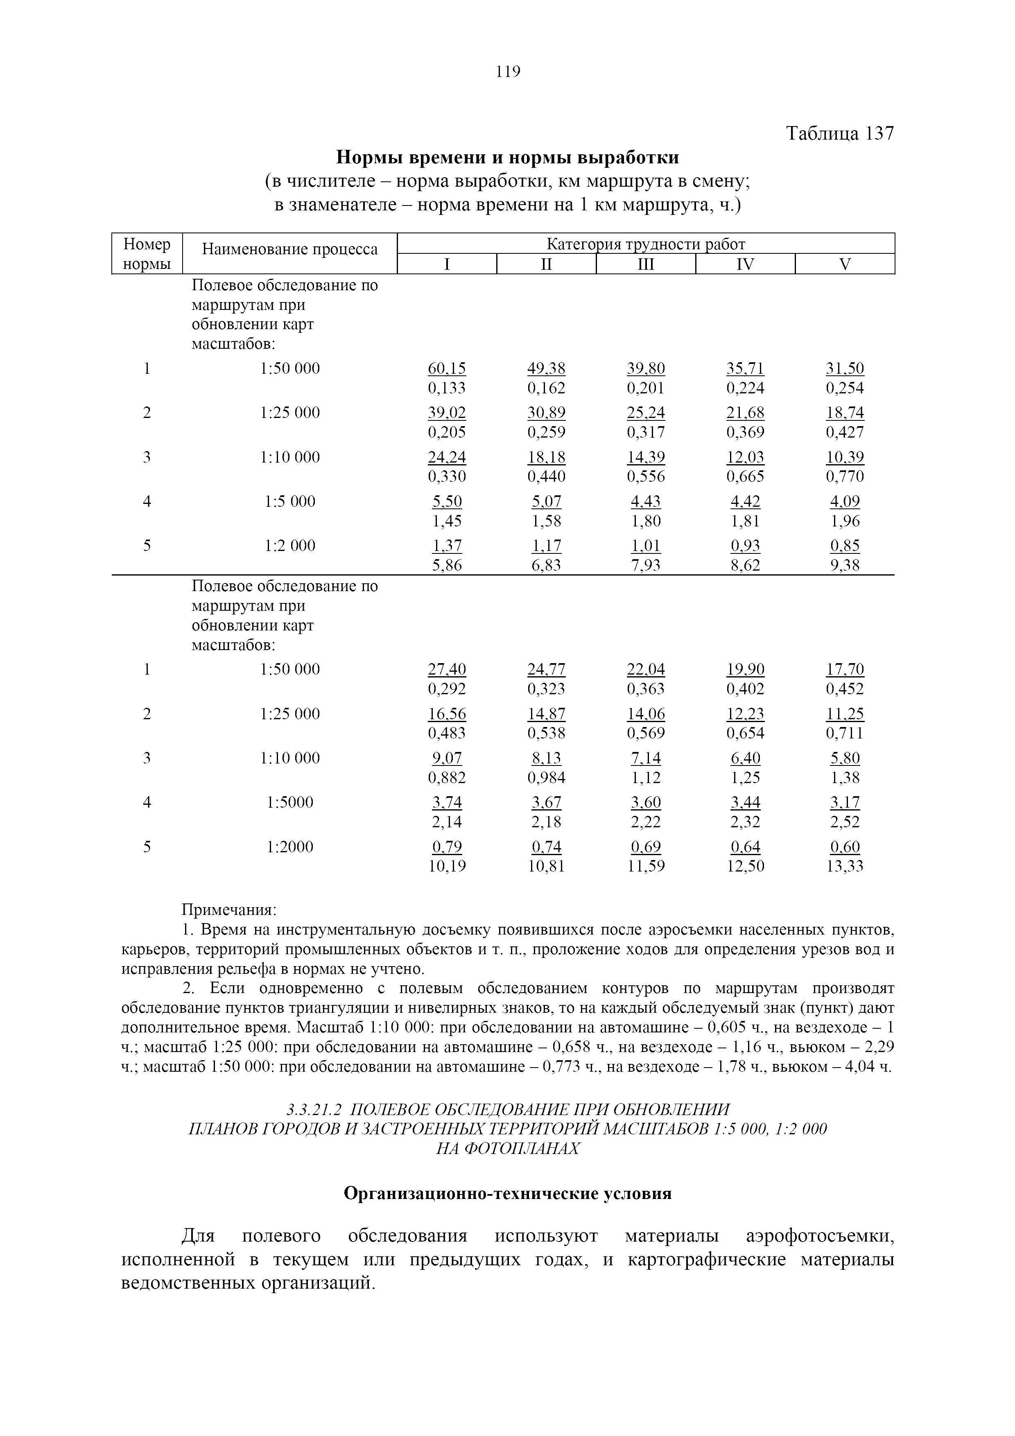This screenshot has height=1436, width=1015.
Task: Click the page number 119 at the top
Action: click(508, 72)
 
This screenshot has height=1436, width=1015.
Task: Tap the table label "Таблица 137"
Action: click(840, 133)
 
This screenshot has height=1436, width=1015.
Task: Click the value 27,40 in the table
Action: click(447, 669)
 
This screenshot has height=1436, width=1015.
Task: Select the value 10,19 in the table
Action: click(447, 866)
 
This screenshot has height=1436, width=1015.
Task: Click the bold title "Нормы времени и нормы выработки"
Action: click(507, 156)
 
